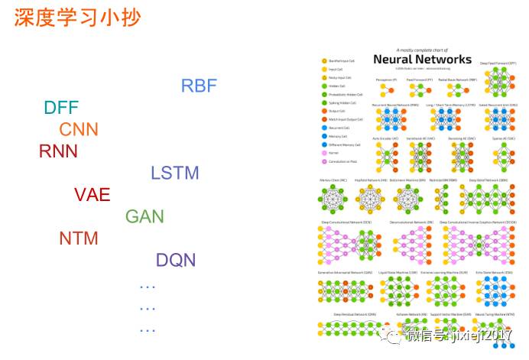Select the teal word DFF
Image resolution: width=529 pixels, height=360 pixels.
click(61, 108)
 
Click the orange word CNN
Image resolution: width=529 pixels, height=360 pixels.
click(79, 129)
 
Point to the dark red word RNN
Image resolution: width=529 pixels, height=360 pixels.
click(58, 151)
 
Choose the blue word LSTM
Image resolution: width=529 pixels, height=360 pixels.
click(174, 173)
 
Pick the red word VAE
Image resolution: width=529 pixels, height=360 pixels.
click(92, 194)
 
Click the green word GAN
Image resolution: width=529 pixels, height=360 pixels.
click(144, 216)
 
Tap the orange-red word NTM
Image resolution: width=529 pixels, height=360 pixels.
click(79, 238)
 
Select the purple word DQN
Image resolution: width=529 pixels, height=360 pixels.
click(176, 260)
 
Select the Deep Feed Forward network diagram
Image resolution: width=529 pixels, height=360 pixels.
click(498, 80)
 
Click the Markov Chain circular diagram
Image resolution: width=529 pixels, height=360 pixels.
click(333, 199)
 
